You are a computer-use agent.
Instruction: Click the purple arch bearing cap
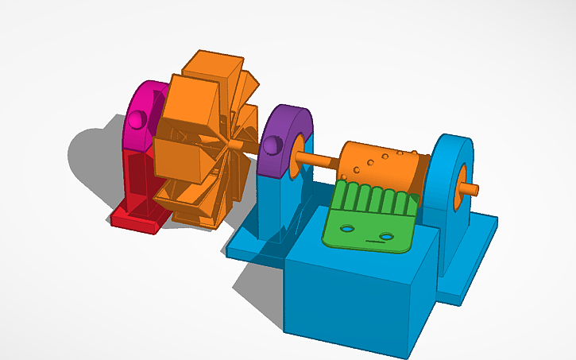tap(283, 123)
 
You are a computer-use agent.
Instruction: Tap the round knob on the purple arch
tap(272, 145)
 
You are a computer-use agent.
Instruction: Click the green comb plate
tap(369, 223)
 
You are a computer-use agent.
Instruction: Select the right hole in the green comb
tap(387, 237)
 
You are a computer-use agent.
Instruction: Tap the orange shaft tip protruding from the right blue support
tap(470, 189)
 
